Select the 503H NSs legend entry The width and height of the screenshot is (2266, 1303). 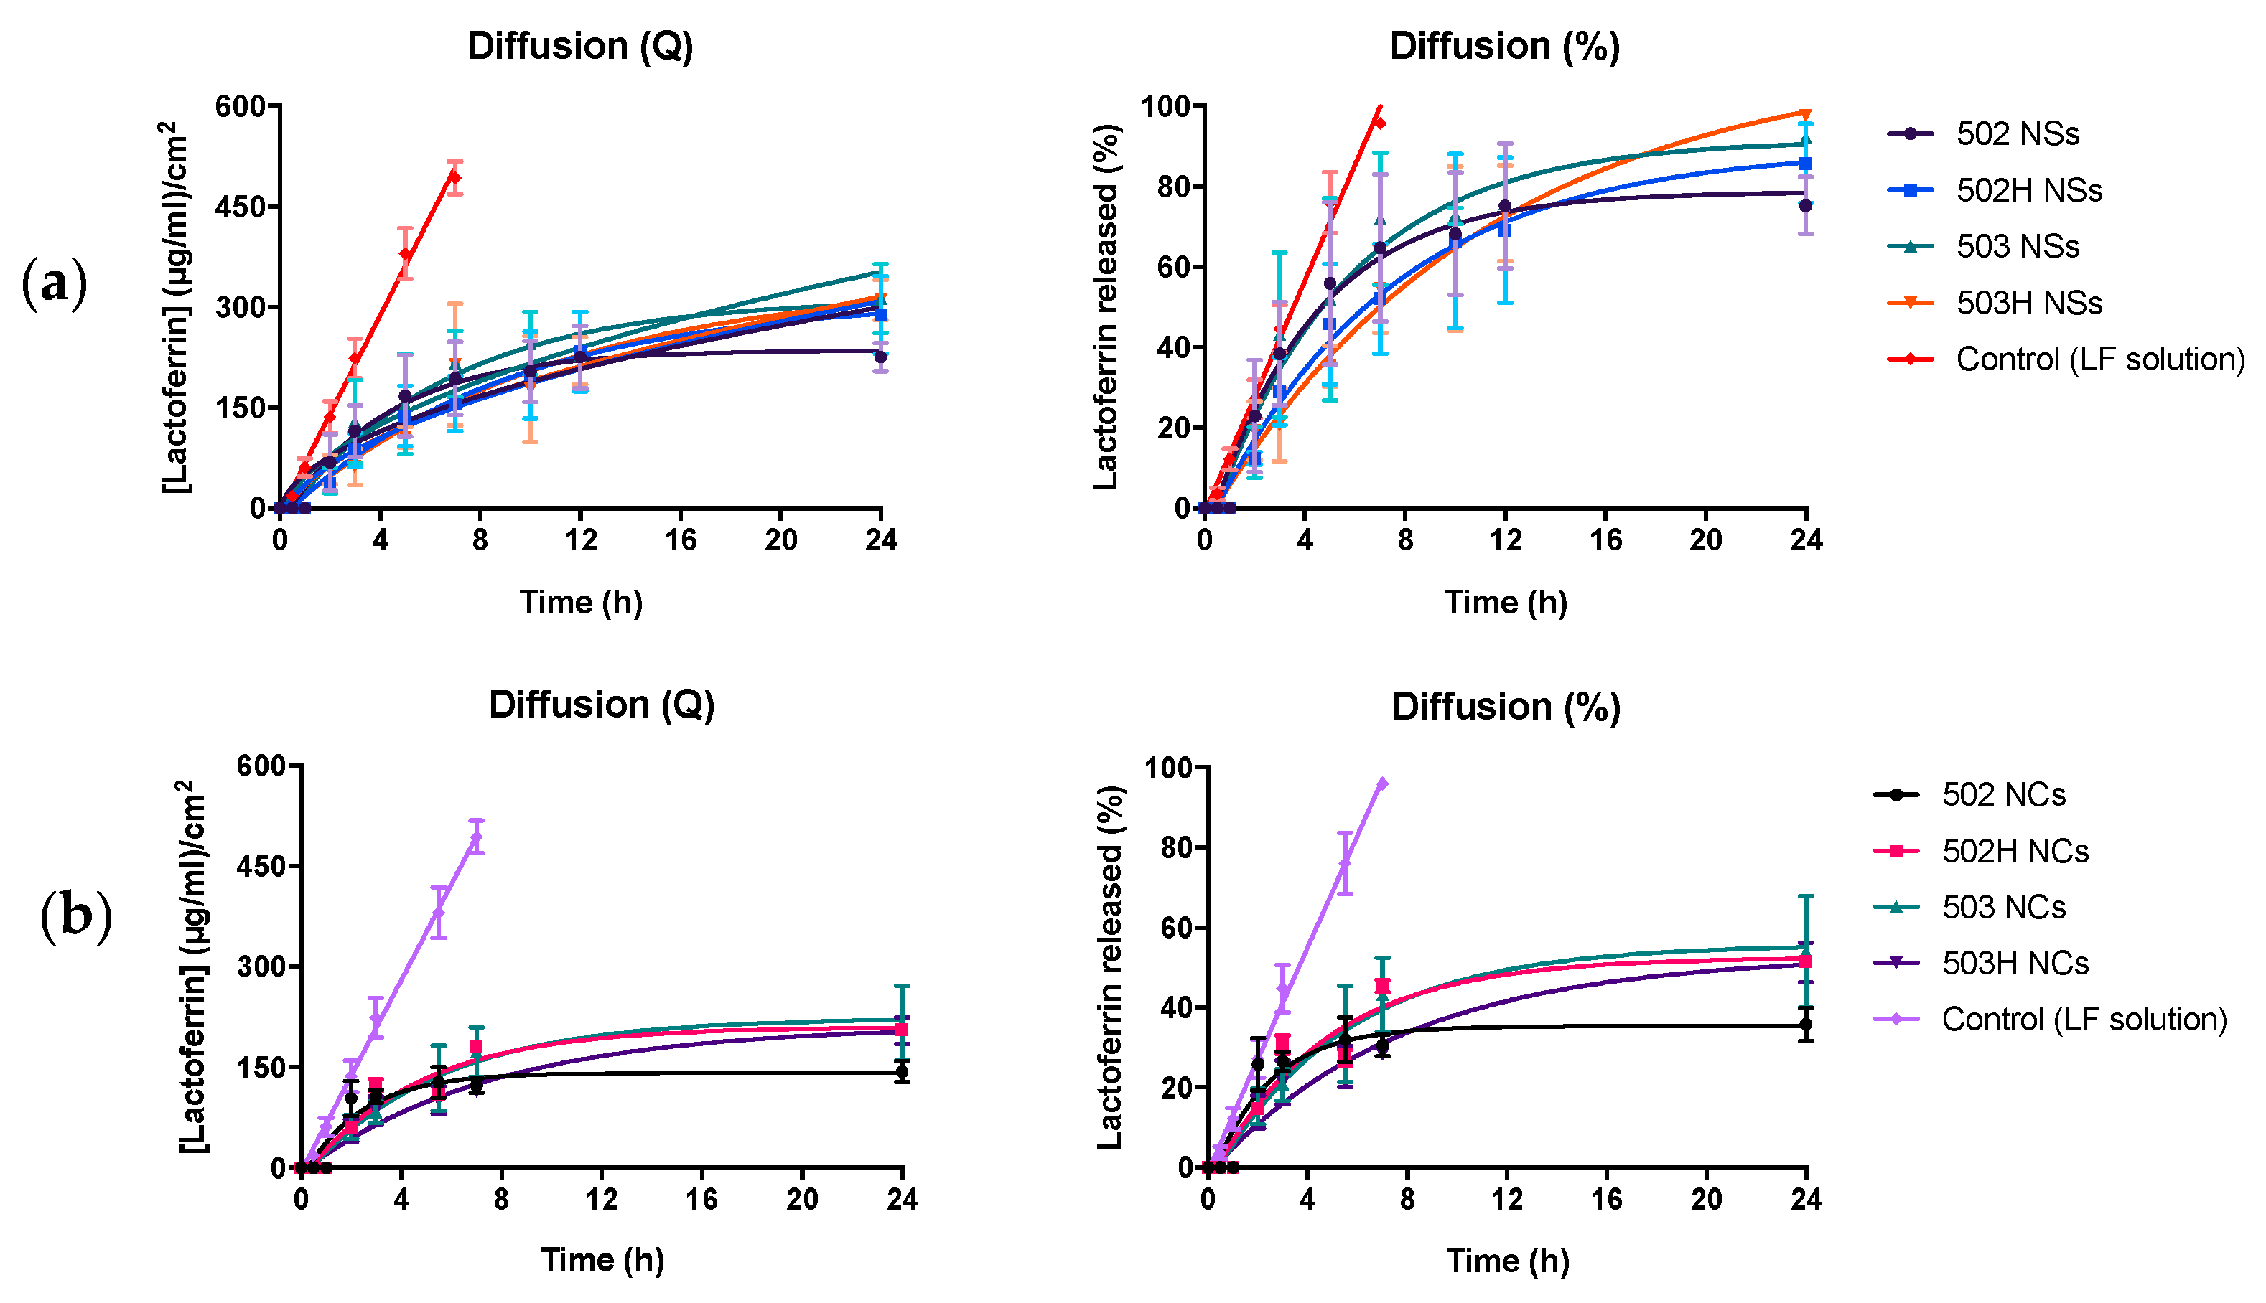click(2028, 304)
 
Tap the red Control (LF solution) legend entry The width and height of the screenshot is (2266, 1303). click(2099, 359)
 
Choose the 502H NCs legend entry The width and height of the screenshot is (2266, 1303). click(2015, 851)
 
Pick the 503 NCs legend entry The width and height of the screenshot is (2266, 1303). click(2002, 908)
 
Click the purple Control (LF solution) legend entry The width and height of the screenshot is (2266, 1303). click(2084, 1020)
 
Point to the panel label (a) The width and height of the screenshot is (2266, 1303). click(55, 283)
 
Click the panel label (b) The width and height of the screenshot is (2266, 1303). click(76, 916)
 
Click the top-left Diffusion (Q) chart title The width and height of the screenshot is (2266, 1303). click(580, 47)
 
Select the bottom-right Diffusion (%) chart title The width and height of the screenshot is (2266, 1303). click(1506, 707)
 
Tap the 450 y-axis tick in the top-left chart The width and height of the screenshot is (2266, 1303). click(241, 207)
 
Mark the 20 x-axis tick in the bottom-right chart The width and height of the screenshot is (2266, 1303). click(1707, 1199)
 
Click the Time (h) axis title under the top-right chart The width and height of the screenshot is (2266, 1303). click(1506, 602)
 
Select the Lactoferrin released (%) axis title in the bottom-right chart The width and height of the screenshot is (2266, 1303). click(1109, 966)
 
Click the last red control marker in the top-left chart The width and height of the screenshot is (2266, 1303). click(454, 177)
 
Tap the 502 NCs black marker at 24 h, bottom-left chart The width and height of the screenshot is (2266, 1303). click(902, 1071)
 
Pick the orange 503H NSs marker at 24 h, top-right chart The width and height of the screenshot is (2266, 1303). click(1806, 113)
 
